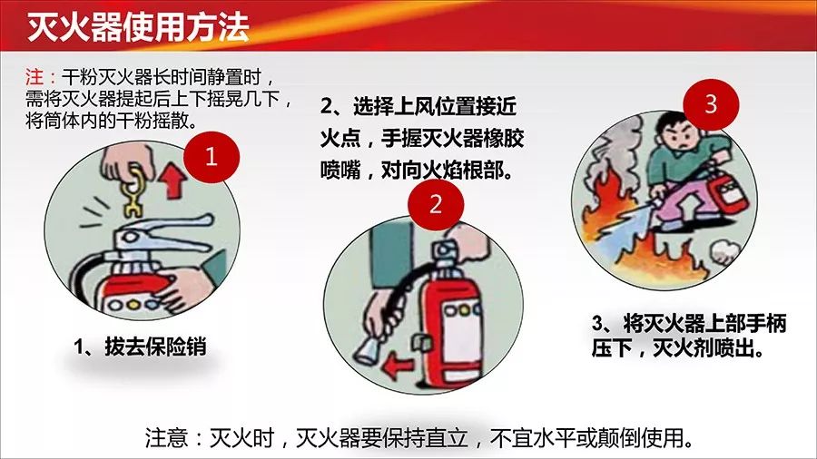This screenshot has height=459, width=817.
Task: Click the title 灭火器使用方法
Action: point(138,26)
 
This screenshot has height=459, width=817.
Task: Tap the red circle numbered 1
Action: point(211,156)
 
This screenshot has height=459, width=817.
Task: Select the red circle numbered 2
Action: point(436,203)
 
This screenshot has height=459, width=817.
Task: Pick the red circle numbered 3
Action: point(711,104)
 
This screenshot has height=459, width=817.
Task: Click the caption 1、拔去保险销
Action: point(140,347)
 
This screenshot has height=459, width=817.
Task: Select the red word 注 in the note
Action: point(34,77)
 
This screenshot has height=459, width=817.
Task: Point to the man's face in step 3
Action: point(678,136)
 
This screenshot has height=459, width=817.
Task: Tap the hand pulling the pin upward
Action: point(125,161)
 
